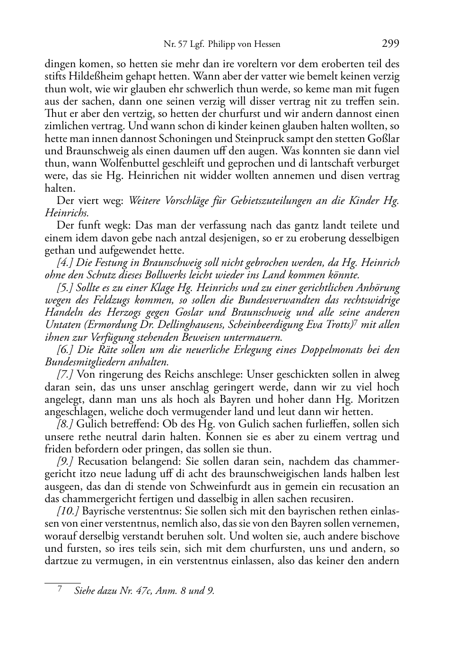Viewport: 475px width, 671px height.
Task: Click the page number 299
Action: click(390, 44)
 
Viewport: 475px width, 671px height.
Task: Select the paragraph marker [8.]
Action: click(65, 424)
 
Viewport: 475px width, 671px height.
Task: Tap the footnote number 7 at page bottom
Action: click(60, 590)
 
